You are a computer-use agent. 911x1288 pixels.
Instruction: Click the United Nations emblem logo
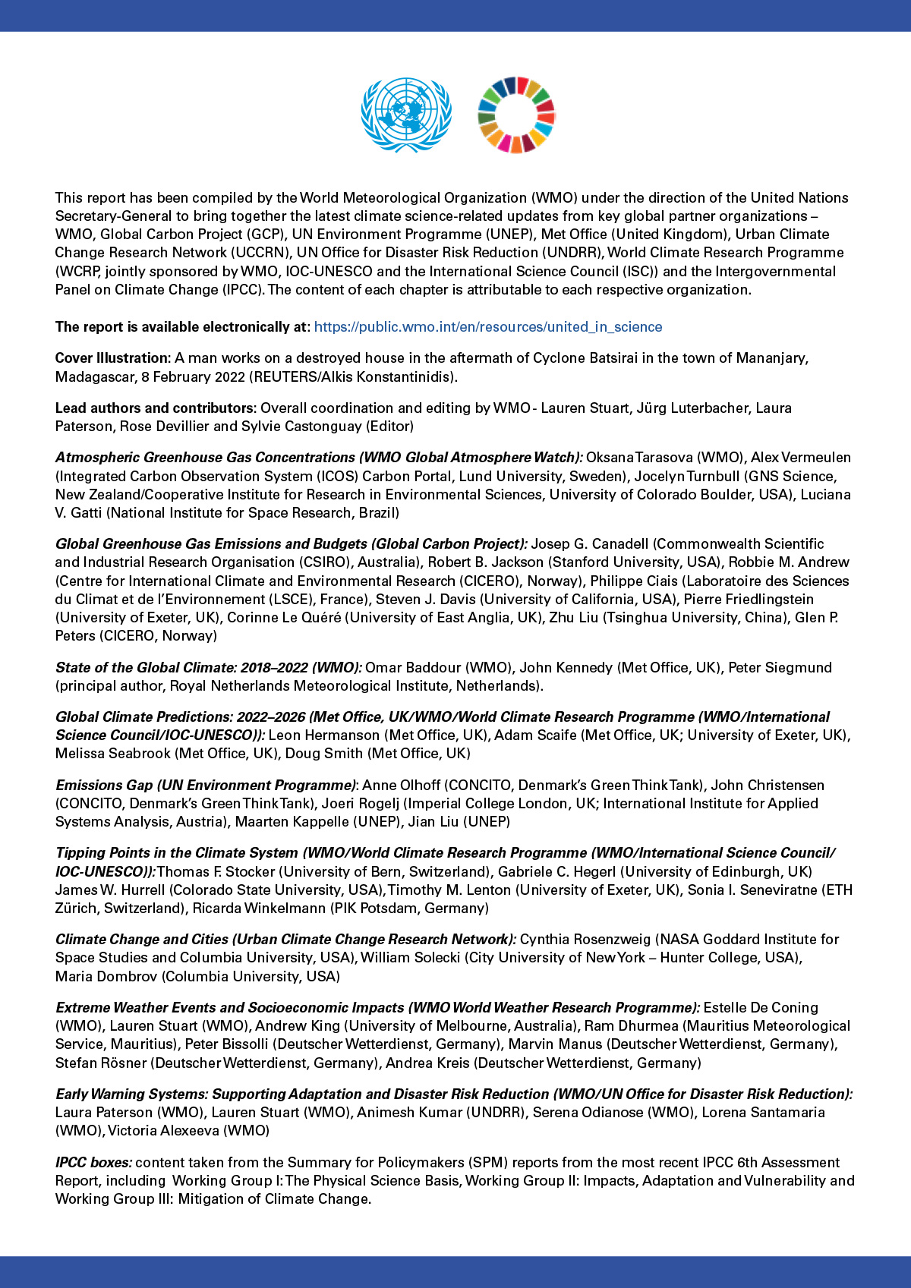pyautogui.click(x=406, y=115)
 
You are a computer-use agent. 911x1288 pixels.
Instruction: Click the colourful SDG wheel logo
pyautogui.click(x=516, y=115)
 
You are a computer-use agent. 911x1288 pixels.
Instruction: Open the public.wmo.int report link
pyautogui.click(x=487, y=327)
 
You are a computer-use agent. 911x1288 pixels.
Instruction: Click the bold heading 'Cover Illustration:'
pyautogui.click(x=113, y=358)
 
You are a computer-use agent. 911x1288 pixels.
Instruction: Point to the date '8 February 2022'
pyautogui.click(x=194, y=376)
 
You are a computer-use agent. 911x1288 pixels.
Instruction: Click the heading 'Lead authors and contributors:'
pyautogui.click(x=155, y=408)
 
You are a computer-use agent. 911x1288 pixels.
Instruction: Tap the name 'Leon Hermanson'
pyautogui.click(x=324, y=735)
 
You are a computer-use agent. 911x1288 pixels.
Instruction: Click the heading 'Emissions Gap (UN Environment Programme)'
pyautogui.click(x=206, y=786)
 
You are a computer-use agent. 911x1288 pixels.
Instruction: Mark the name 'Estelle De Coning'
pyautogui.click(x=761, y=1008)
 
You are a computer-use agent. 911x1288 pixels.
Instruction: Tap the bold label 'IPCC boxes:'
pyautogui.click(x=93, y=1163)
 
